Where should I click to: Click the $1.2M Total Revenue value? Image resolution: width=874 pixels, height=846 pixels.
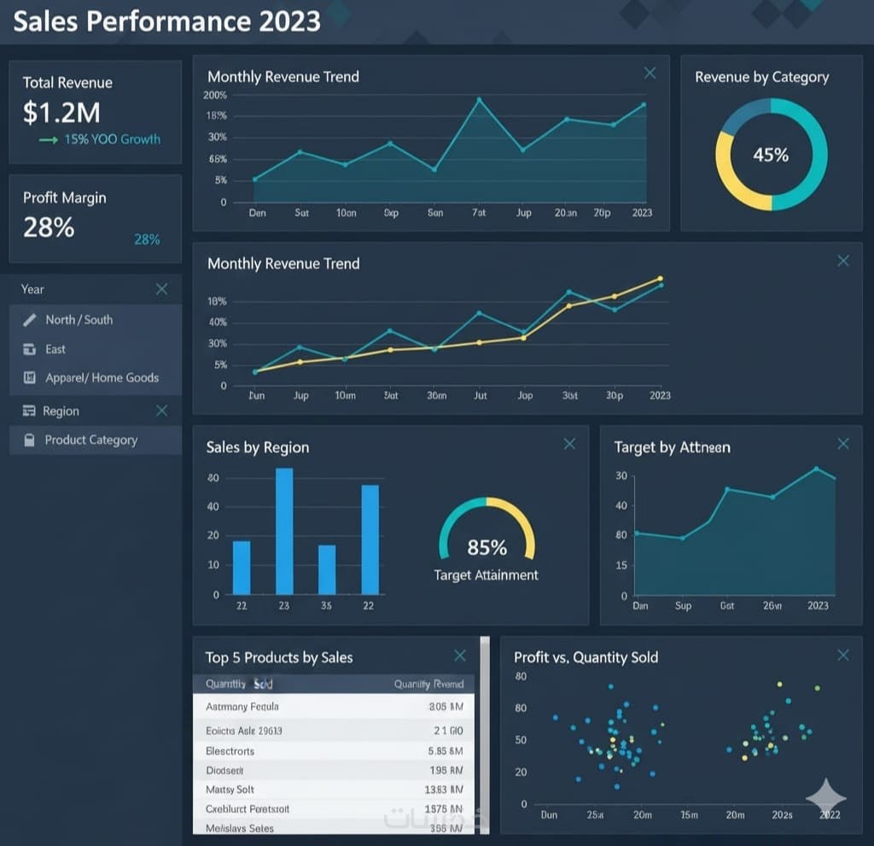coord(61,112)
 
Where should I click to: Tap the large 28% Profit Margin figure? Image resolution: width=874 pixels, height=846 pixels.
coord(49,227)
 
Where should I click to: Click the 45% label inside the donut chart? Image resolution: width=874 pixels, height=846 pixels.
coord(771,155)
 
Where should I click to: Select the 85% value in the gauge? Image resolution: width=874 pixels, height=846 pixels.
coord(487,547)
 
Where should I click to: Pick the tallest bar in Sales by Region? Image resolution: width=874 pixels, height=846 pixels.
coord(284,531)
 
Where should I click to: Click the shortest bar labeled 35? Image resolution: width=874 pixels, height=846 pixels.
coord(327,569)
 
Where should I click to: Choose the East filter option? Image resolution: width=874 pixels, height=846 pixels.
coord(55,349)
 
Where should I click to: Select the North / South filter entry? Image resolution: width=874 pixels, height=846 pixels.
coord(79,319)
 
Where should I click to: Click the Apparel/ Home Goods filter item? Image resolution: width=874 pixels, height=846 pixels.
coord(102,377)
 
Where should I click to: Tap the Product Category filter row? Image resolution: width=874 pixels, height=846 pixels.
coord(90,440)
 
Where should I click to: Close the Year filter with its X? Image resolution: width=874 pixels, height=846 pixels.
coord(162,289)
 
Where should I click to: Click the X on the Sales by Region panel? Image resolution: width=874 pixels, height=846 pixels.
coord(569,444)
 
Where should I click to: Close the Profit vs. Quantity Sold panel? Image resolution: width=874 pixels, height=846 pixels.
coord(843,655)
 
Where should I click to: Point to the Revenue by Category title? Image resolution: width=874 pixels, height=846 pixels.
coord(761,77)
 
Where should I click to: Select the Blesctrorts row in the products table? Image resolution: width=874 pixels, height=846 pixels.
coord(230,751)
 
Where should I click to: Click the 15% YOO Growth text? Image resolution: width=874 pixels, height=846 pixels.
coord(112,139)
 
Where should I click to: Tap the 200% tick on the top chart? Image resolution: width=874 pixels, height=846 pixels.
coord(215,95)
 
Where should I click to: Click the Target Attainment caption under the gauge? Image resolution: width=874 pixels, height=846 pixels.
coord(486,575)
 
